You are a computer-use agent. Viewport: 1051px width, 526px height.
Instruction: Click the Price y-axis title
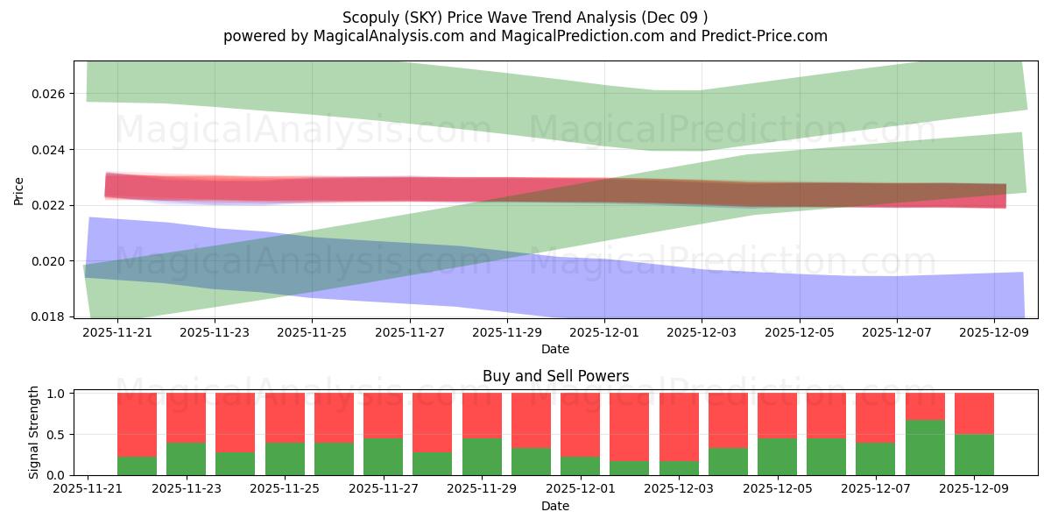tap(19, 189)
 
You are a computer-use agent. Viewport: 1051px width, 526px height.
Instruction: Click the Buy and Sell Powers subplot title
tap(555, 376)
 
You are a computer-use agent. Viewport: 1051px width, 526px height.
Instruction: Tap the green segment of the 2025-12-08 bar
tap(925, 448)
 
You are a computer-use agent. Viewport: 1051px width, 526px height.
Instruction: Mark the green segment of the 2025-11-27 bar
tap(383, 457)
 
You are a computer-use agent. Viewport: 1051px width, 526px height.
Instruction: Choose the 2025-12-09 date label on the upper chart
tap(993, 333)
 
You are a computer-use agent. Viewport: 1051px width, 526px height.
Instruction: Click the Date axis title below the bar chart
tap(555, 506)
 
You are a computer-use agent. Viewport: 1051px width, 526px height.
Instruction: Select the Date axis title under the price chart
tap(555, 349)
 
